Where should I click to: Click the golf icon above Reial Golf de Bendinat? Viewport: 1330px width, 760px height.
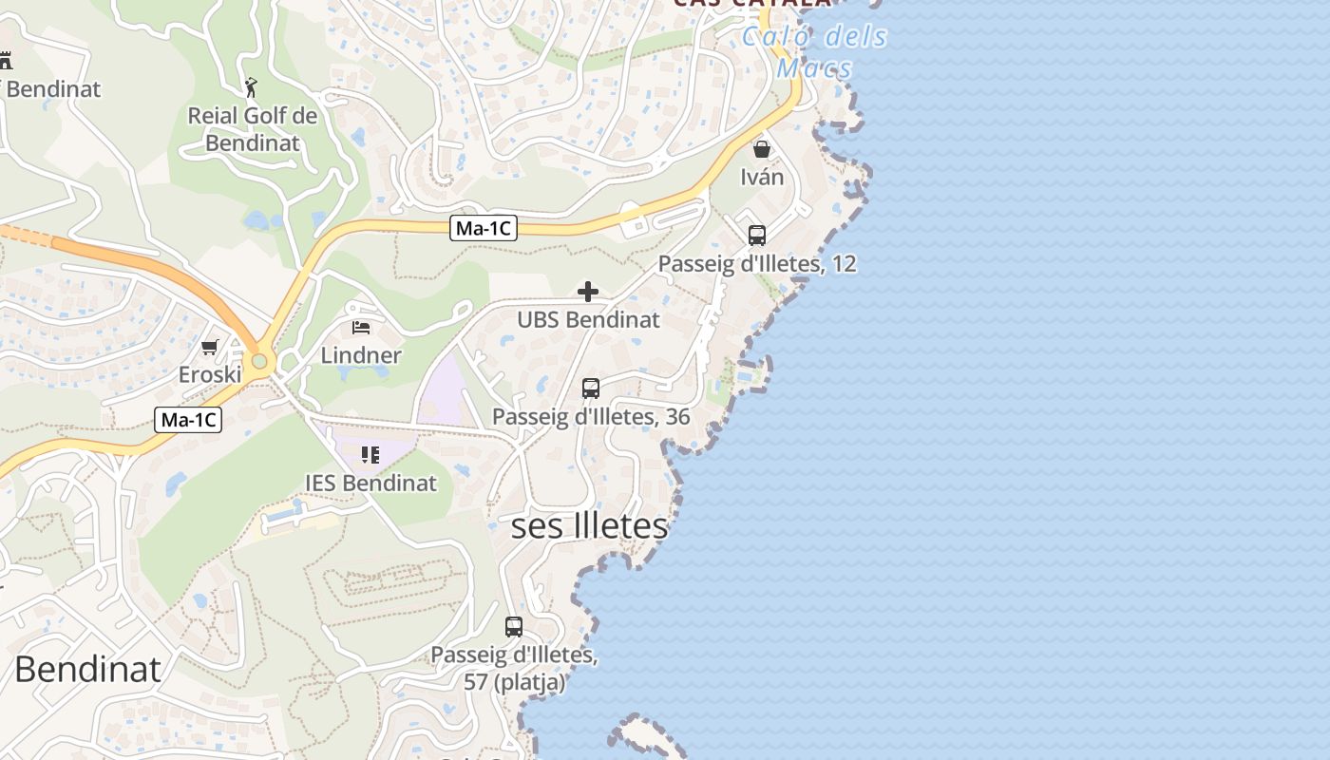(251, 88)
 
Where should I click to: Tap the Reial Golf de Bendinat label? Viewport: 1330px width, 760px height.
(253, 129)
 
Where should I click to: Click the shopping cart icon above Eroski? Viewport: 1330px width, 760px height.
(210, 347)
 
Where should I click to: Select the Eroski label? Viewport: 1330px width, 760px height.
(210, 374)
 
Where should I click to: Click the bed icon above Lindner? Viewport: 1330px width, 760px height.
(361, 328)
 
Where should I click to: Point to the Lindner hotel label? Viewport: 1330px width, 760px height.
(361, 355)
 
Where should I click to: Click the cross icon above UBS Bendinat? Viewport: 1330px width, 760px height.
(588, 292)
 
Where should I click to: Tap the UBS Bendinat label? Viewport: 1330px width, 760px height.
(588, 319)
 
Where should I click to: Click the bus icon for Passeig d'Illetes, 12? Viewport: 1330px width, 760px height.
(757, 236)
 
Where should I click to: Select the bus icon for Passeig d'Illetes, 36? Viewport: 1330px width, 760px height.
(591, 389)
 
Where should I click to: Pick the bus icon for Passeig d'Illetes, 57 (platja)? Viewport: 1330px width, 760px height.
(514, 627)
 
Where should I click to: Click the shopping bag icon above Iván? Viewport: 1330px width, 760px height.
(762, 149)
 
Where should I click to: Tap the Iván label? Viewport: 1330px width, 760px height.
(762, 177)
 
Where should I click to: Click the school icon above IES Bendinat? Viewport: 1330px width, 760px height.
(370, 455)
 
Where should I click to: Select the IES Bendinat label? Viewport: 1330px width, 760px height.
(370, 483)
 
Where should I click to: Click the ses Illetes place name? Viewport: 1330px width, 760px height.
(589, 526)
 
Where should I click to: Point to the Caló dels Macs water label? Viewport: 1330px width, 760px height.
(814, 52)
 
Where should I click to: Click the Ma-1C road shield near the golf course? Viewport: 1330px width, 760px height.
(484, 228)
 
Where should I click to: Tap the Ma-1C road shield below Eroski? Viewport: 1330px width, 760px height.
(188, 420)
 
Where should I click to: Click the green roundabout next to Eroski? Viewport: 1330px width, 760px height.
(259, 362)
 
